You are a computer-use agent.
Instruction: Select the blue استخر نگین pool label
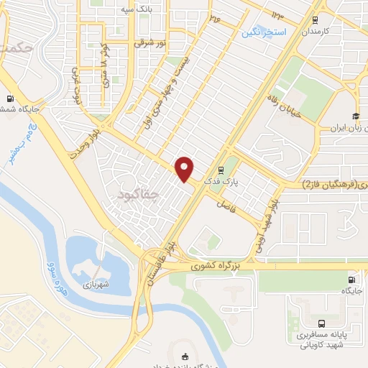[x=264, y=33]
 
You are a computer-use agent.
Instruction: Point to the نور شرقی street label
[x=152, y=44]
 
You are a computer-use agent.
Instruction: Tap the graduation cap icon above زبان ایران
[x=354, y=116]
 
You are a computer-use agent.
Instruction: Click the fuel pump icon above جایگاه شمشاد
[x=10, y=98]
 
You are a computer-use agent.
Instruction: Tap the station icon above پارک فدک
[x=221, y=170]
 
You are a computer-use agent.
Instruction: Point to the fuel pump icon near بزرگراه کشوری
[x=351, y=280]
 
